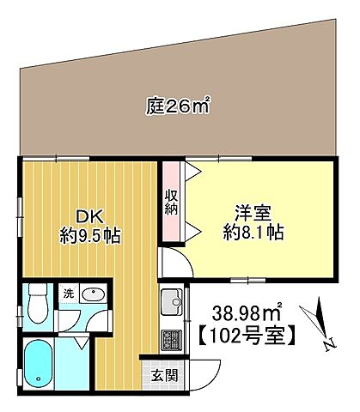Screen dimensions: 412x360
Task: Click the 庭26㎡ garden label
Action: click(178, 108)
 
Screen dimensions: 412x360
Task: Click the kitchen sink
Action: click(170, 303)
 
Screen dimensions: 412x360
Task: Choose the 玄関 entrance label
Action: click(164, 375)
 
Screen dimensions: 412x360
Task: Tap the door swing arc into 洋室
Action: click(174, 265)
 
